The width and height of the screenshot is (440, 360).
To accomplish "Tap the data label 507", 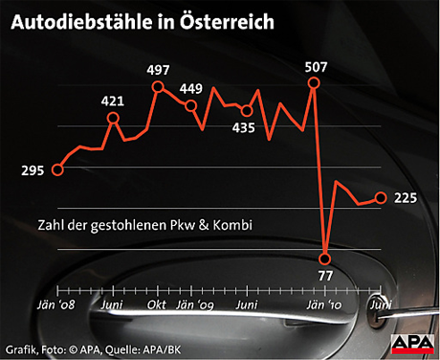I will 315,66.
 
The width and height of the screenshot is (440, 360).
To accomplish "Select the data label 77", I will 325,276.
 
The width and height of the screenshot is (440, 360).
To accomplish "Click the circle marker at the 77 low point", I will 326,258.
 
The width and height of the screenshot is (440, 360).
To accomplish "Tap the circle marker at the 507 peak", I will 315,84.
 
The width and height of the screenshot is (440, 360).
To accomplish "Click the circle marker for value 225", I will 381,198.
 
